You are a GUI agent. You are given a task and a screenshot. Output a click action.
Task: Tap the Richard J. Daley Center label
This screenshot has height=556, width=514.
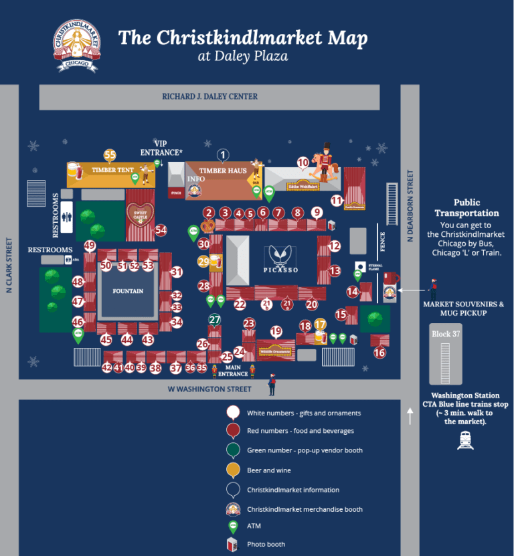[209, 96]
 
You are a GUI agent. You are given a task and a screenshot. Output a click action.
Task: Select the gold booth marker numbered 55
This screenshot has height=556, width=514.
[110, 155]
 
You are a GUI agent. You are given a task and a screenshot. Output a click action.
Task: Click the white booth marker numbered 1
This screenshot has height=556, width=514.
[223, 155]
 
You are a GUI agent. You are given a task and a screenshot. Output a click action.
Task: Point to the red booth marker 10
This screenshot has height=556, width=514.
[303, 162]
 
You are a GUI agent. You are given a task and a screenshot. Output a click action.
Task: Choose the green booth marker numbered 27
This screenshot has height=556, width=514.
[214, 320]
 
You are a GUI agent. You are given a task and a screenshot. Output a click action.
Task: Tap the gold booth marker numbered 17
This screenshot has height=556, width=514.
[320, 325]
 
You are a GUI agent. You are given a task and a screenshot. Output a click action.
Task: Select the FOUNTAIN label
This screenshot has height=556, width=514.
[128, 291]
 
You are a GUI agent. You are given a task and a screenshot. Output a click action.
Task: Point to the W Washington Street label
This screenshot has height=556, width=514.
[209, 389]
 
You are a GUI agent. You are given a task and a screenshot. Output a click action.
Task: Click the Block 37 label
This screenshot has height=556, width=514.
[441, 333]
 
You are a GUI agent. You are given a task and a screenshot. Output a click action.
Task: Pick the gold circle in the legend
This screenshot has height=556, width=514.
[233, 470]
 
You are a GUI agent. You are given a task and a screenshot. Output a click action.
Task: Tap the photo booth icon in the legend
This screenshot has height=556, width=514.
[233, 545]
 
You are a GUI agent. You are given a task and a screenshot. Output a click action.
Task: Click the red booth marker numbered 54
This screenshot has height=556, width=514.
[161, 230]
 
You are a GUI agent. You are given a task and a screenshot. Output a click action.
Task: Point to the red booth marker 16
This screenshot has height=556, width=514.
[379, 353]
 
